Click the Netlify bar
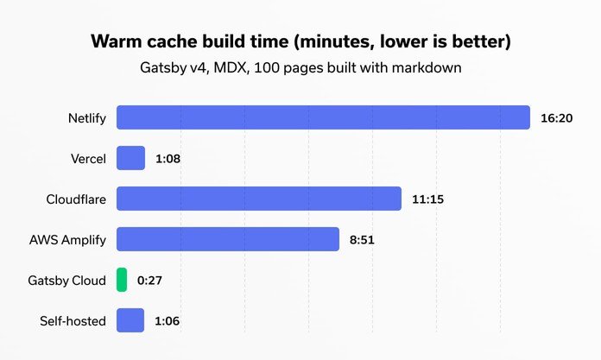323,117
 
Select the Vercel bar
130,158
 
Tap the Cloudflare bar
259,199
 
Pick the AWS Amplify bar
228,239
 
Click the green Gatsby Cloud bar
122,280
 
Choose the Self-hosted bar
130,320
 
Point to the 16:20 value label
557,117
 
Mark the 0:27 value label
150,281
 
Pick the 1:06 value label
167,321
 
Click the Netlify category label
86,117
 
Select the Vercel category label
89,159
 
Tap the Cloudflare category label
76,199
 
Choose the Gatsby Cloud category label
66,281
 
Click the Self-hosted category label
73,321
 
